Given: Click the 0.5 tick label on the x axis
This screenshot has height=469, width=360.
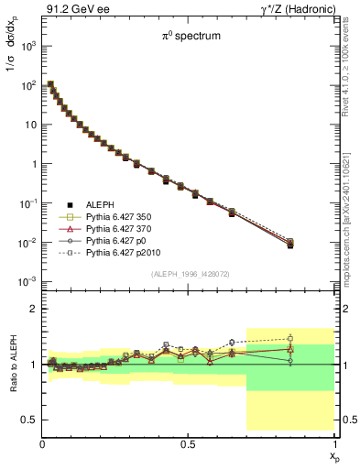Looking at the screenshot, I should pos(189,443).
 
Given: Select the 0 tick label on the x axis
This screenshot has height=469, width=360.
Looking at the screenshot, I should pos(42,443).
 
